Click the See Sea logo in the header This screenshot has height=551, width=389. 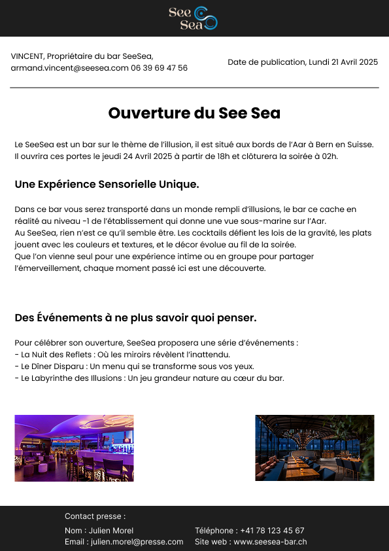coord(193,18)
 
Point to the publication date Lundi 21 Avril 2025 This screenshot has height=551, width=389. coord(343,62)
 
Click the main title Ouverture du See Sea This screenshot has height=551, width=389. coord(194,113)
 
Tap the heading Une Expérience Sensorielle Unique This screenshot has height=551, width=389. coord(107,185)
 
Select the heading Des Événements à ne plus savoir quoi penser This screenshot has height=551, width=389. coord(135,318)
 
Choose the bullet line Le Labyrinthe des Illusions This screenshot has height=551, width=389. coord(149,378)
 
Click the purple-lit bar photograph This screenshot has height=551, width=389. coord(74,448)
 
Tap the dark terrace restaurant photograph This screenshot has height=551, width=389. coord(314,448)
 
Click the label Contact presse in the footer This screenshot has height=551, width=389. coord(95,516)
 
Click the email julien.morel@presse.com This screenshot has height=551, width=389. coord(137,542)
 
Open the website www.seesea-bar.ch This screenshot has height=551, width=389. coord(270,542)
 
